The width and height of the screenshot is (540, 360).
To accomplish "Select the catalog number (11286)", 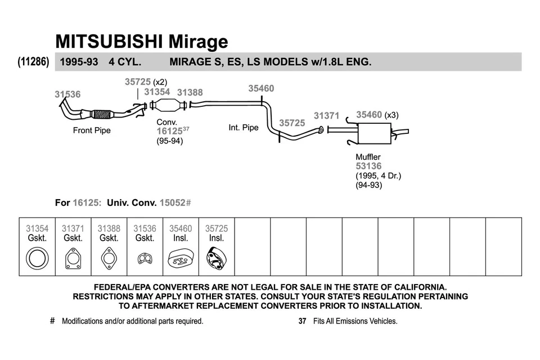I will [x=33, y=62].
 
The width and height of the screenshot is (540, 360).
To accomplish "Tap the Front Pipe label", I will [x=92, y=130].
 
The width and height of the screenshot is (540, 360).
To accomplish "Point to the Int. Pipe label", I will [x=243, y=128].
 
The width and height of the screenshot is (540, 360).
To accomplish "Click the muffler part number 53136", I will [x=368, y=166].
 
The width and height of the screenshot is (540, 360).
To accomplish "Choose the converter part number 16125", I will [x=169, y=131].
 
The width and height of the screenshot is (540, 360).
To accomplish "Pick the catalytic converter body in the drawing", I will [x=167, y=105].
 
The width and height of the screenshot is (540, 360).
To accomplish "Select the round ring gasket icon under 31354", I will [x=37, y=259].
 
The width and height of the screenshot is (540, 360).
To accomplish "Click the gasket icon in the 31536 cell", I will [x=145, y=259].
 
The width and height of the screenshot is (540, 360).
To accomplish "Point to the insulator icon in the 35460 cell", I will [x=181, y=259].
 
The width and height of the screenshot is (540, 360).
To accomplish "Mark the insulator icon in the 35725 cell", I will [x=217, y=259].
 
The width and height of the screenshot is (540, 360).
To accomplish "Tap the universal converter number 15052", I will [x=172, y=202].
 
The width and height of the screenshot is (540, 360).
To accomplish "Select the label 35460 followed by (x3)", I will [x=369, y=115].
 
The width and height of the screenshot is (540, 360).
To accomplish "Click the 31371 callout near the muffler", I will [x=326, y=115].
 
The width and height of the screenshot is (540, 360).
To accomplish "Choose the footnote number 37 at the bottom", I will [x=302, y=321].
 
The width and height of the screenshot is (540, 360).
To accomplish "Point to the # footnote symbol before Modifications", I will [x=52, y=321].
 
